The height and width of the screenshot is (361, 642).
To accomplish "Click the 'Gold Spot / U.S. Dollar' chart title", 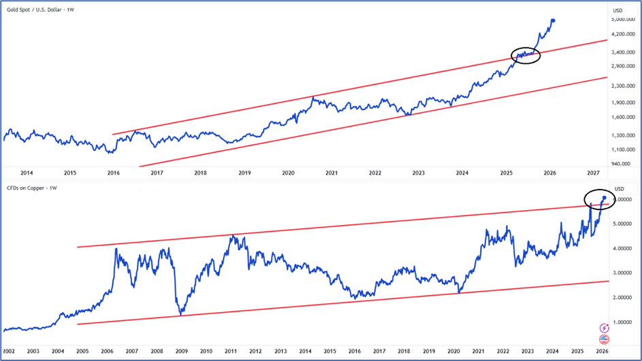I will [x=37, y=10].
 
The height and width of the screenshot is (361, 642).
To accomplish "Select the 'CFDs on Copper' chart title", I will [x=30, y=188].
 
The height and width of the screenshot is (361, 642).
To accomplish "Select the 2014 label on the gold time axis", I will [x=27, y=173].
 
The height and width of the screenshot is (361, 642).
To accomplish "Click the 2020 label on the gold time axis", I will [x=288, y=173].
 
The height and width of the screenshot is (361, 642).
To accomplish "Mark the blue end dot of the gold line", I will [x=553, y=21].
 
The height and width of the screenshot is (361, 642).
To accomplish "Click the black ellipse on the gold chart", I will [x=526, y=56].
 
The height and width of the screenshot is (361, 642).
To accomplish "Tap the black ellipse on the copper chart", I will [x=599, y=199].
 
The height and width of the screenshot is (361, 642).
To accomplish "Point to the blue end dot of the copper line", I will [x=604, y=198].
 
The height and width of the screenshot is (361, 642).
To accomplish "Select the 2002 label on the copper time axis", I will [x=10, y=351].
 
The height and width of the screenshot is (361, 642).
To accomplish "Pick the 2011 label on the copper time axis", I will [x=231, y=351].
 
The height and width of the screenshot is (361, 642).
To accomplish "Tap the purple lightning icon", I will [x=603, y=328].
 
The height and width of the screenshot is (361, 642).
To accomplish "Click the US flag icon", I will [x=603, y=339].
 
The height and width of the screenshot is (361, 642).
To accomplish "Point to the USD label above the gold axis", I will [x=618, y=10].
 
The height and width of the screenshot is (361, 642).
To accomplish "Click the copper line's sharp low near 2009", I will [x=180, y=314].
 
